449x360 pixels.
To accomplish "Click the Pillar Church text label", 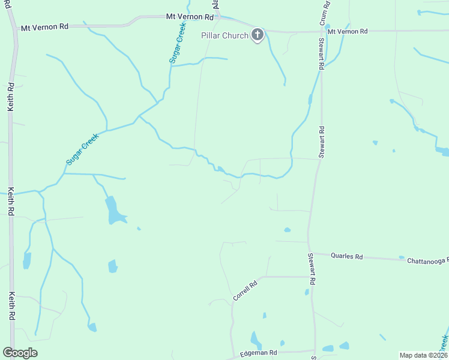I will pos(224,35).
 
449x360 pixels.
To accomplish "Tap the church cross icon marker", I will pos(257,35).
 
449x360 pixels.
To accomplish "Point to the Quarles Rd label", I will pos(347,256).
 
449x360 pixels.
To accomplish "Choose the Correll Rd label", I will pos(245,290).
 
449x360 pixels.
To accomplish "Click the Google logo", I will pos(20,353).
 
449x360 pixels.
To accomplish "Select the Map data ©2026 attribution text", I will pos(423,355).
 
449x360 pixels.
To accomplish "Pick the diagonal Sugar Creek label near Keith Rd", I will pos(82,149).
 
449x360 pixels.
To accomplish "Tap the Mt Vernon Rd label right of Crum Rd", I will pos(347,31).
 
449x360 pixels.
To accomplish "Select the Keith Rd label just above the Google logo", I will pos(11,306).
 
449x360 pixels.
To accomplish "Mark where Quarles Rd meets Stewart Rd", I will pos(309,253).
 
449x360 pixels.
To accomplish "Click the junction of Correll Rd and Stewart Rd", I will pos(310,277).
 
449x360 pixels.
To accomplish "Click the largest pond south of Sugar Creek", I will pos(113,210).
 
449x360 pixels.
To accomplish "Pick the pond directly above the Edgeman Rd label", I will pos(256,340).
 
